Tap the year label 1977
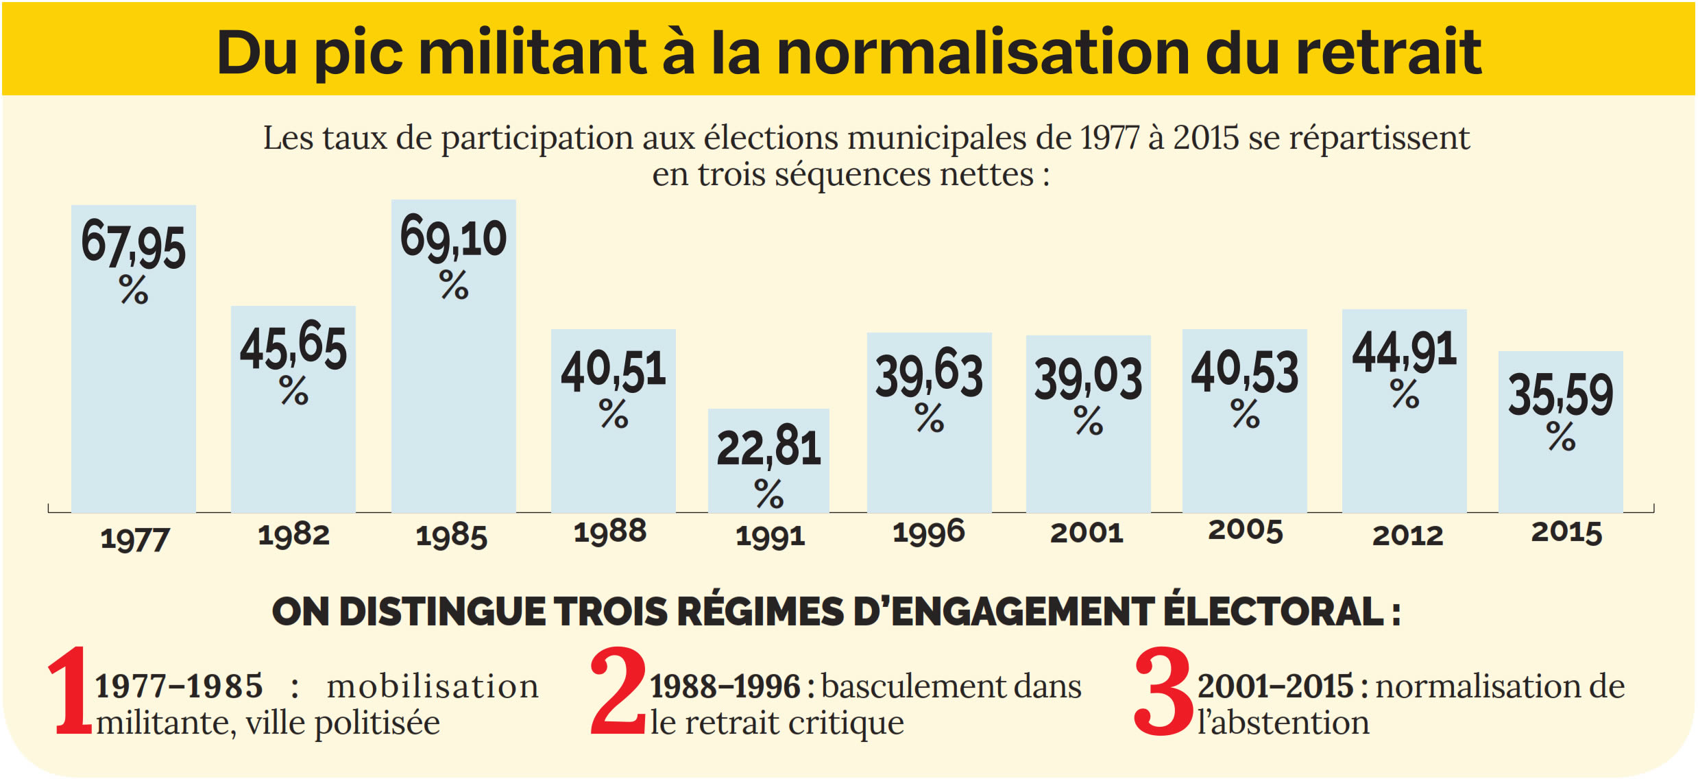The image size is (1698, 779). (135, 539)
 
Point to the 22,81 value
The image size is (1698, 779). (768, 448)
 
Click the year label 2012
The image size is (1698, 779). (1407, 536)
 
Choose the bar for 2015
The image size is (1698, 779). (1560, 473)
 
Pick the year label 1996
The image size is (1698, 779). (929, 533)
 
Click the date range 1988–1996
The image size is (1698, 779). (725, 686)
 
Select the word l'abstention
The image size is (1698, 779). (1283, 723)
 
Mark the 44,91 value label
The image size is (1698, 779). (1404, 352)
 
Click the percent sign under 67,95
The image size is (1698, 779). (134, 290)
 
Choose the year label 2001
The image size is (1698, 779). (1087, 533)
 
